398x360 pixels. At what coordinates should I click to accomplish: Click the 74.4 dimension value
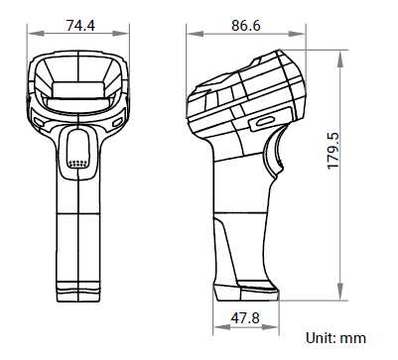(80, 26)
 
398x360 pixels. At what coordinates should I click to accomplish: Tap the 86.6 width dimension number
(246, 26)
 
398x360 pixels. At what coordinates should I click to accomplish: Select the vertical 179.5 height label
(333, 151)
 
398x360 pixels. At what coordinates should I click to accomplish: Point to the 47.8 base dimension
(245, 318)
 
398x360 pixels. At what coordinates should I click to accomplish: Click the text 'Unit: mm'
(335, 338)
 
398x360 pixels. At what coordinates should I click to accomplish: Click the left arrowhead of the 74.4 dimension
(36, 34)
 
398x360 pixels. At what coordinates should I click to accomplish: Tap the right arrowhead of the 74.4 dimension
(121, 34)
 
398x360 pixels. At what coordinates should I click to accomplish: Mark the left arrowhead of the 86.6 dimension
(195, 34)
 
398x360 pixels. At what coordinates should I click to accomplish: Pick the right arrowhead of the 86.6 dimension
(297, 34)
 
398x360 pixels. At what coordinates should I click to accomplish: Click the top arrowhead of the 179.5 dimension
(339, 59)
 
